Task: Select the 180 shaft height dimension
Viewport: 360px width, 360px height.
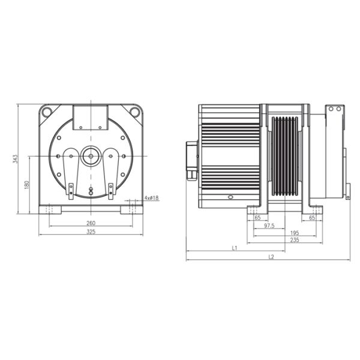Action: pos(27,185)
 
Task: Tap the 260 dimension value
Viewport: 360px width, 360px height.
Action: pos(91,223)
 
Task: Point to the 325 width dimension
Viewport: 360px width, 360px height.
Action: pos(91,232)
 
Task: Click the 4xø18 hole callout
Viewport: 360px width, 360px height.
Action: pos(151,198)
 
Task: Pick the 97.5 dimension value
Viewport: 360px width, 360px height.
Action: pos(269,226)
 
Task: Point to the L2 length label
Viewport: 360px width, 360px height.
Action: pos(271,257)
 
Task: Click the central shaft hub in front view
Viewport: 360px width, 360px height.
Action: pos(91,156)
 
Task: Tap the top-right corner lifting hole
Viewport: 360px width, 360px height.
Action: pos(135,111)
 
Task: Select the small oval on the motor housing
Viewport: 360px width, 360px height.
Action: pos(229,197)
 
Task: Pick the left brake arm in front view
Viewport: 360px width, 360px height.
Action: pos(70,171)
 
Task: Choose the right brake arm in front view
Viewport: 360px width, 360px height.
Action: pos(112,171)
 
